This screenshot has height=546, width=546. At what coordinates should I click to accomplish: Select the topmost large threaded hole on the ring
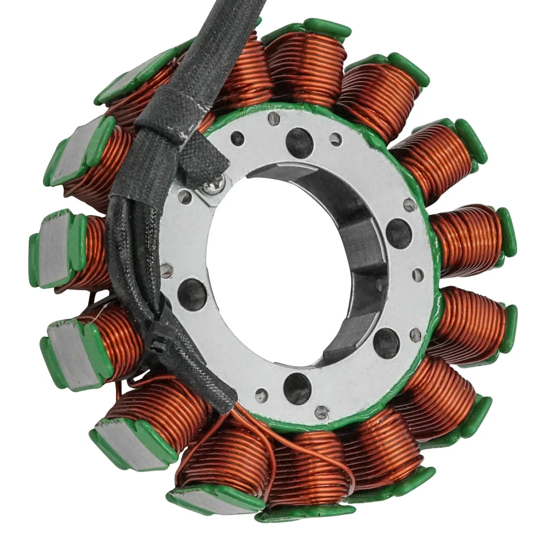299,142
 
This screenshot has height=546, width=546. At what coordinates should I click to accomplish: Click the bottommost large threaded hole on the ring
297,388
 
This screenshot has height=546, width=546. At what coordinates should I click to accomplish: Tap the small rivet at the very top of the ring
274,118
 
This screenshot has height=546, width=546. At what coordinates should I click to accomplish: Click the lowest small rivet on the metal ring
321,412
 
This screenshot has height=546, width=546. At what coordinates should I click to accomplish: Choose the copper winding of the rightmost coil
466,239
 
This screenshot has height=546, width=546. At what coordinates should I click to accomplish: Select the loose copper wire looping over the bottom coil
318,449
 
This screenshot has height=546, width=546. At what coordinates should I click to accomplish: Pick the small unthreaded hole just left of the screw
185,197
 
